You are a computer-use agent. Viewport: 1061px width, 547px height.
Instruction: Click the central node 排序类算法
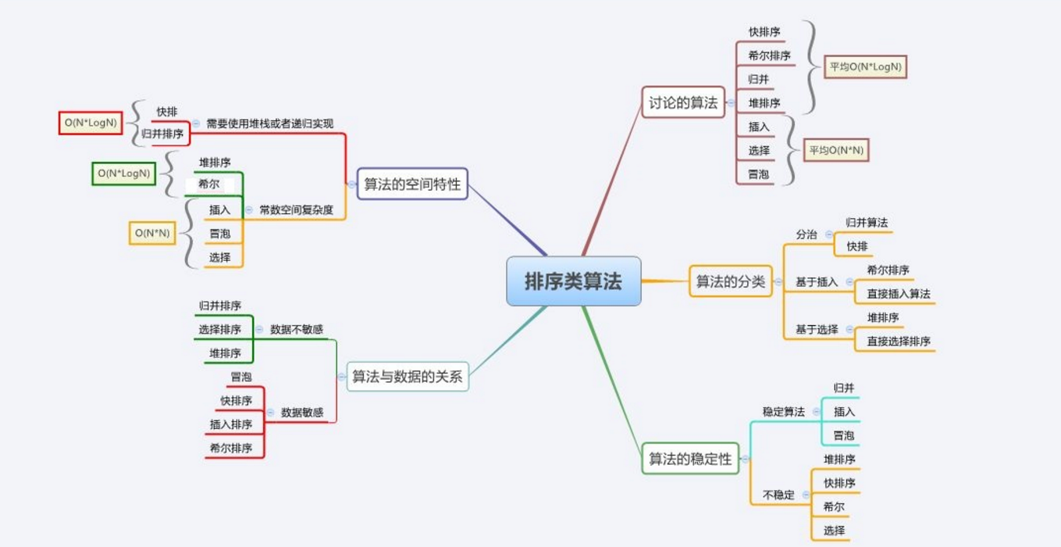pyautogui.click(x=573, y=281)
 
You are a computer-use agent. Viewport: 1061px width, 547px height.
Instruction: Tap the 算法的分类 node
pyautogui.click(x=730, y=281)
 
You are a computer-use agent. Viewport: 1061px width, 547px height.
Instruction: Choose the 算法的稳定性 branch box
pyautogui.click(x=690, y=459)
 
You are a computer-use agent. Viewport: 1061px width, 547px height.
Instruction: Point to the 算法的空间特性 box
pyautogui.click(x=412, y=184)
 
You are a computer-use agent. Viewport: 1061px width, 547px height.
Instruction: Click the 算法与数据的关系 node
pyautogui.click(x=407, y=377)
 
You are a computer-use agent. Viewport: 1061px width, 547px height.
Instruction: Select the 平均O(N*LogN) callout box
pyautogui.click(x=865, y=67)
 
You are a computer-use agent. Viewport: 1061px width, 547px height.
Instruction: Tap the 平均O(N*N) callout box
pyautogui.click(x=836, y=150)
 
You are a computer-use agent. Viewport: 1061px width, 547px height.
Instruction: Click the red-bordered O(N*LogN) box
pyautogui.click(x=91, y=123)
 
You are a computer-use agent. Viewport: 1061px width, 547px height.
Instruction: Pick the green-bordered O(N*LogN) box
pyautogui.click(x=123, y=173)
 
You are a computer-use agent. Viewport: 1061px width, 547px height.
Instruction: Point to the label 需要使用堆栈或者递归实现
pyautogui.click(x=269, y=123)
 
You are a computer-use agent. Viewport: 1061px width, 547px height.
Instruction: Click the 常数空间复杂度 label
pyautogui.click(x=296, y=209)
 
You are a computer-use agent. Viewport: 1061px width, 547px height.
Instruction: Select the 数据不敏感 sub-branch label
pyautogui.click(x=296, y=329)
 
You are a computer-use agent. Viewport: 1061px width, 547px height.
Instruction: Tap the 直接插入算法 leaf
pyautogui.click(x=898, y=294)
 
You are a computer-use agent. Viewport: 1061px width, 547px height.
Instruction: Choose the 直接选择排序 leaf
pyautogui.click(x=898, y=341)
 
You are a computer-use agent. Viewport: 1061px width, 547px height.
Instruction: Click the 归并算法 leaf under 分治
pyautogui.click(x=866, y=223)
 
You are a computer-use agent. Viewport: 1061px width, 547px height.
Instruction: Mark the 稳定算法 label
pyautogui.click(x=783, y=411)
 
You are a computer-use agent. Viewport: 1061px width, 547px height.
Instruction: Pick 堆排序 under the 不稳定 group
pyautogui.click(x=839, y=459)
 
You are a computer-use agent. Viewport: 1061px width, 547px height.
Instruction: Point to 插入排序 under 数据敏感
pyautogui.click(x=230, y=424)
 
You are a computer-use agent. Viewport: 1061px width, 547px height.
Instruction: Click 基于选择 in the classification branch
pyautogui.click(x=817, y=330)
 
